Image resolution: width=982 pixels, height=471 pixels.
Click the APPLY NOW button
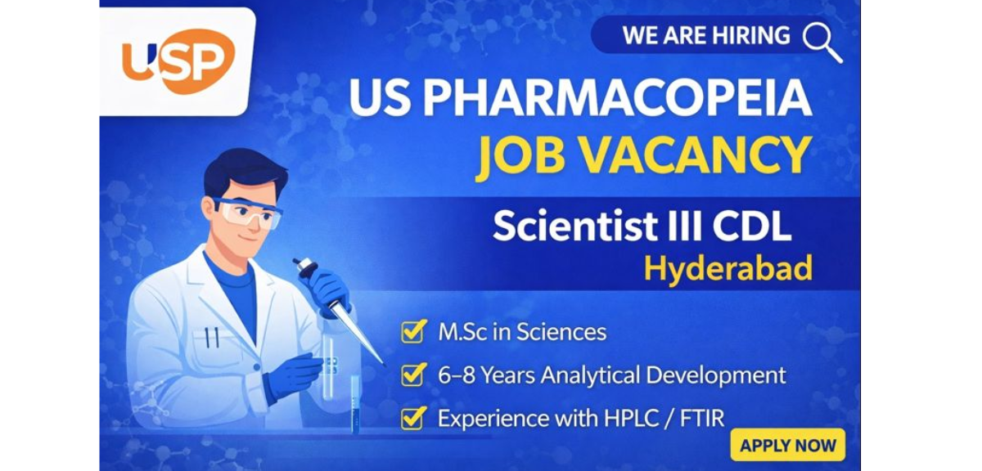pos(787,446)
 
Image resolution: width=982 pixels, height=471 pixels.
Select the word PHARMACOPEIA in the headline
pos(617,100)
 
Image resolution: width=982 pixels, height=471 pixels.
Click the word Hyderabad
pos(727,267)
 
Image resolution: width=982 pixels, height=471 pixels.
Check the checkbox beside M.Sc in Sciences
pos(412,332)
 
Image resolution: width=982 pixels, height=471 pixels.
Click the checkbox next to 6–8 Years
pos(412,375)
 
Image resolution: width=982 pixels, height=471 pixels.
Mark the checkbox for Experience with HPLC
pos(412,418)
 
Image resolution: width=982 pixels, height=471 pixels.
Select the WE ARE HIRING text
pos(706,36)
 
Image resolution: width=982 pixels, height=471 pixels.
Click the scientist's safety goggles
pos(248,212)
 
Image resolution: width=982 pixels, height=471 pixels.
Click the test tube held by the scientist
pos(330,376)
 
